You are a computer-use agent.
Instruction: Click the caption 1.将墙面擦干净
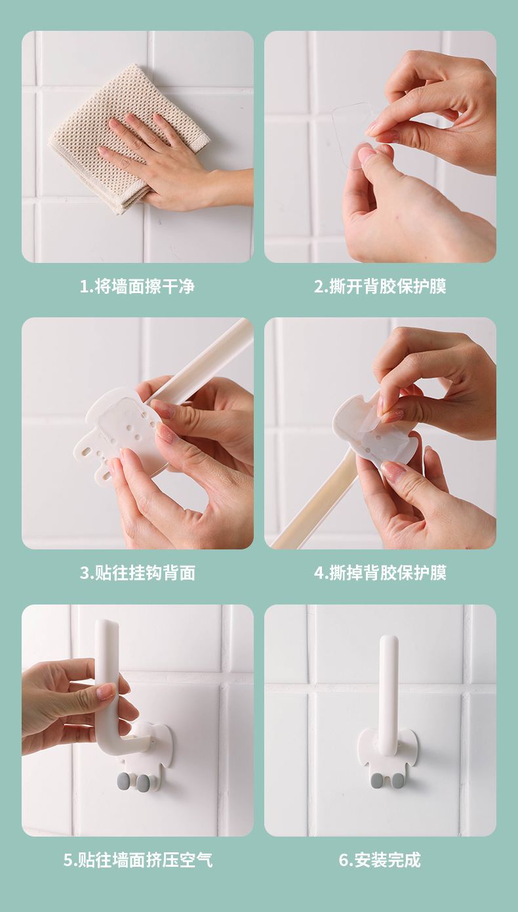(x=137, y=287)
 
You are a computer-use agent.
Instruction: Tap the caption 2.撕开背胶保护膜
(x=380, y=287)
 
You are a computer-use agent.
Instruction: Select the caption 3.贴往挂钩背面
(x=137, y=572)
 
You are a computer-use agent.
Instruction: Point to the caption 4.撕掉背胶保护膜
(x=380, y=572)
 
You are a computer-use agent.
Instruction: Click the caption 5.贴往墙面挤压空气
(x=137, y=860)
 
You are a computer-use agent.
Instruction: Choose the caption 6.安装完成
(x=380, y=860)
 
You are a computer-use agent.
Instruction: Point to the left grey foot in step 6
(x=377, y=780)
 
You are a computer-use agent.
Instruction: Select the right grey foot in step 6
(x=397, y=780)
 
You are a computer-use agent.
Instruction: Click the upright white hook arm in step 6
(x=388, y=688)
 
